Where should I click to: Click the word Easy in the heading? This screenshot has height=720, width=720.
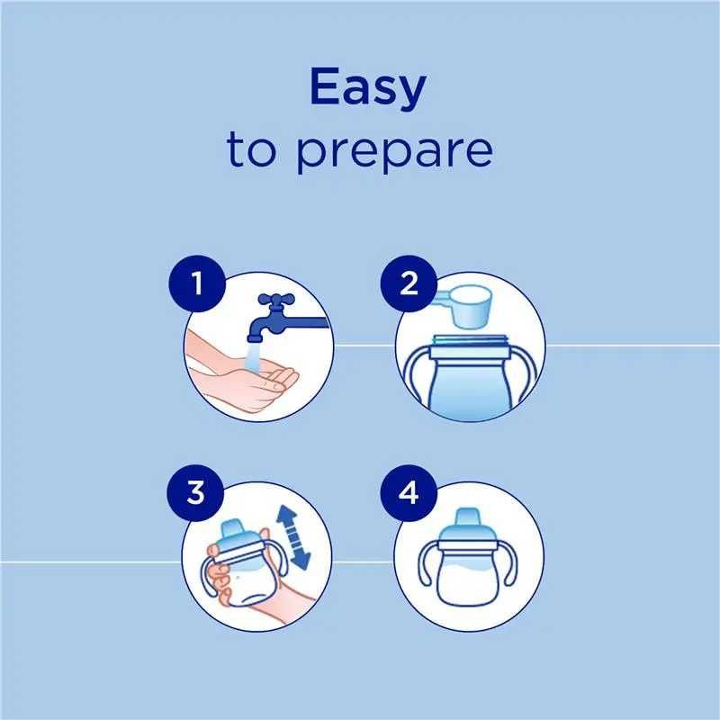pos(368,87)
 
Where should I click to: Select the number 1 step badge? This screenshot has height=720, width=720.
pos(197,283)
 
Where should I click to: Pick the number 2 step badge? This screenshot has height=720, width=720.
pos(409,283)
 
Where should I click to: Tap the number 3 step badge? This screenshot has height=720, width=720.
pos(195,492)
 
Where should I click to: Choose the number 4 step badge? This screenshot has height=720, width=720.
pos(409,492)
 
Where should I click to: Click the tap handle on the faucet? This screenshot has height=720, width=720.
pos(276,300)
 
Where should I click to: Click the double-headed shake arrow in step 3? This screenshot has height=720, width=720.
pos(294,537)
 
